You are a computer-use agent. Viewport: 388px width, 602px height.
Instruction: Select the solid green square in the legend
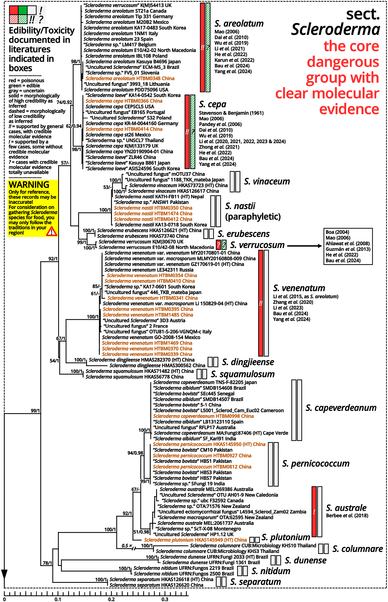pyautogui.click(x=23, y=10)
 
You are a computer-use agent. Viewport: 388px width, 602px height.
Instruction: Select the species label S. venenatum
pyautogui.click(x=299, y=288)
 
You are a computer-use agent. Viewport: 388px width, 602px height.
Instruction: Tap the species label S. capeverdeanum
pyautogui.click(x=341, y=408)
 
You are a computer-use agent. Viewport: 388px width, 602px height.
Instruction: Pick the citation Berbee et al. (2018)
pyautogui.click(x=347, y=515)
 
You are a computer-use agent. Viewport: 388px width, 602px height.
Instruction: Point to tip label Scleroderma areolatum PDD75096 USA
pyautogui.click(x=126, y=90)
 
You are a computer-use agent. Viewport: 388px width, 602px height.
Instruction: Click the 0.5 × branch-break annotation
pyautogui.click(x=127, y=546)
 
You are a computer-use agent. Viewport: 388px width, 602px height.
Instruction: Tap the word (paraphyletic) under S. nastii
pyautogui.click(x=253, y=217)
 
